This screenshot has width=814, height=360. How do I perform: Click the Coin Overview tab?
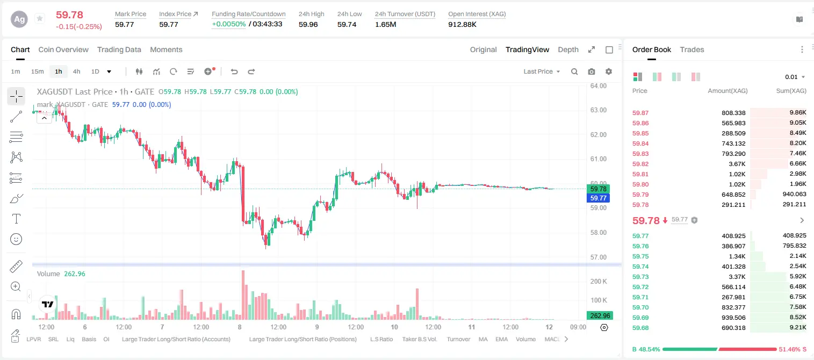63,50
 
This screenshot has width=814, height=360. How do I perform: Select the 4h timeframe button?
76,71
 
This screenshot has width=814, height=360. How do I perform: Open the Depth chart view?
568,50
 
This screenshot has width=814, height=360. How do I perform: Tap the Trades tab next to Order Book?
692,50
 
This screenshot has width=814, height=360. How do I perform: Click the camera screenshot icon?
592,71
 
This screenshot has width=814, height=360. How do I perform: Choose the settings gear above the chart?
609,71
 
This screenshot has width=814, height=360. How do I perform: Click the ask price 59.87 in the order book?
640,113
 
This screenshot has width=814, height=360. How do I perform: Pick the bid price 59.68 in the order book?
640,328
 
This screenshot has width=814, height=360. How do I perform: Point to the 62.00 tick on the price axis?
598,134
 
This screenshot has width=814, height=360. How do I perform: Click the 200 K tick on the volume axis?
599,281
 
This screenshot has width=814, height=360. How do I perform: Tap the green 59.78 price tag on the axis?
598,189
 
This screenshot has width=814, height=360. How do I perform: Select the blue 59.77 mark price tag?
598,198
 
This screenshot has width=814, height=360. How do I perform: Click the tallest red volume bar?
243,295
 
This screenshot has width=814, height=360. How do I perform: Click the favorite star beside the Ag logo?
40,18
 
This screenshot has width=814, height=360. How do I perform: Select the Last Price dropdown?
542,71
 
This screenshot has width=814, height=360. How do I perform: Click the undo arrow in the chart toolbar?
234,71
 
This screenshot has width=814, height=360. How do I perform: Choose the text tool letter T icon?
16,219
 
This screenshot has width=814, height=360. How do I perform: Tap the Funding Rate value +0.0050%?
228,24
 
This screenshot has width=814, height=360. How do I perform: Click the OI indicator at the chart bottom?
106,339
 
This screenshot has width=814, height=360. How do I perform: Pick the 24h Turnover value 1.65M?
386,24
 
